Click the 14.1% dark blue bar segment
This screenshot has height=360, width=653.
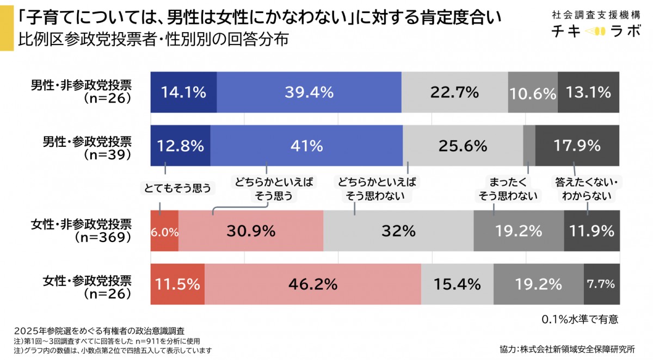coord(183,92)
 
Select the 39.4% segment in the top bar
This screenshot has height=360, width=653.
coord(309,92)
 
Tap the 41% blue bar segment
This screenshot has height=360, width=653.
coord(306,146)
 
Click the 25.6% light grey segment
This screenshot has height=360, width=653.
coord(463,146)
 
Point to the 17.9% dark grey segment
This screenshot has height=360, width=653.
coord(577,146)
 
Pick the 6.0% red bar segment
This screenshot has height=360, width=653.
coord(164,232)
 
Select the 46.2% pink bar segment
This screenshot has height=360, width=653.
coord(312,284)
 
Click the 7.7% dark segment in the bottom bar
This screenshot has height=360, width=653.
coord(601,284)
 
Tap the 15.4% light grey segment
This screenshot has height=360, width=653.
coord(457,284)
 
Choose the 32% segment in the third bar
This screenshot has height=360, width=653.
coord(398,232)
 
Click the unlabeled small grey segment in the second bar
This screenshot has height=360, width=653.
coord(529,146)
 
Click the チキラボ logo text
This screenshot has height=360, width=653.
coord(596,32)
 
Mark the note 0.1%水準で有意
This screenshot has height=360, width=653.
coord(580,319)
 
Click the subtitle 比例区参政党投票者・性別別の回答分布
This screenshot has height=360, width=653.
coord(153,40)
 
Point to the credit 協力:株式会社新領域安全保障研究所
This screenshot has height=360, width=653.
coord(566,349)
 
